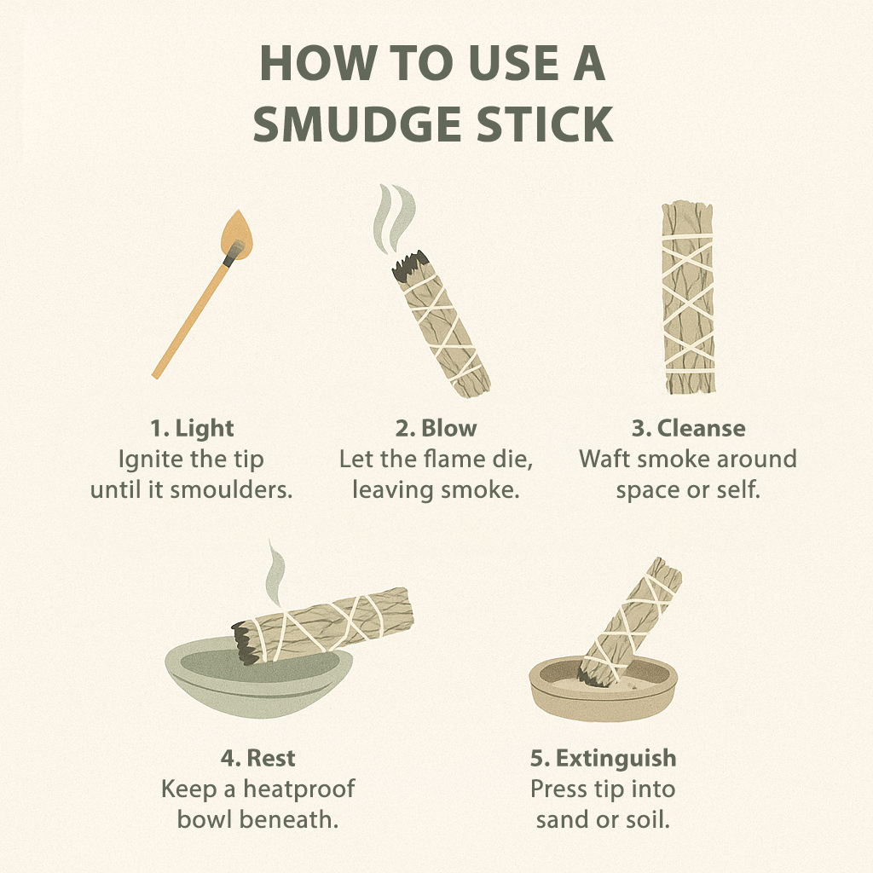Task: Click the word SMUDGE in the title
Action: tap(357, 124)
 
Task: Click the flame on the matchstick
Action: tap(237, 235)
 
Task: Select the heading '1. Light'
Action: tap(192, 428)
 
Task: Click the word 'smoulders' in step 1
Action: tap(231, 490)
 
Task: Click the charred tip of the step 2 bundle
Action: tap(411, 265)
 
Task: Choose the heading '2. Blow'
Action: tap(436, 428)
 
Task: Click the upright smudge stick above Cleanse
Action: tap(688, 298)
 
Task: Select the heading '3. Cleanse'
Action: tap(688, 428)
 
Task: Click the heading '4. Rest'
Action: tap(257, 758)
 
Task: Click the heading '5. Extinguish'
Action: tap(603, 758)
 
